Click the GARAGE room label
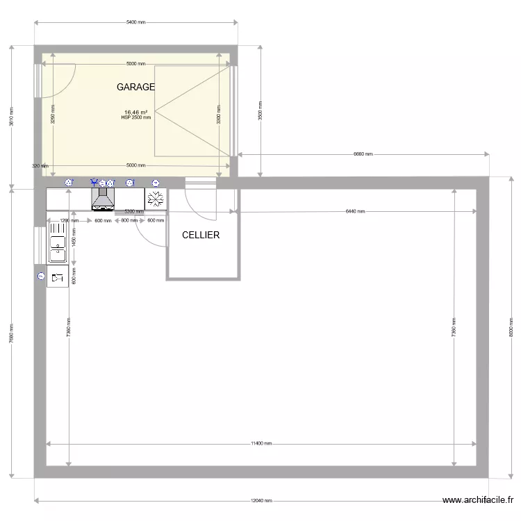click(135, 88)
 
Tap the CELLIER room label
click(201, 235)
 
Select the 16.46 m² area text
click(135, 112)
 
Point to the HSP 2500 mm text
click(135, 118)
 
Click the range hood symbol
click(103, 200)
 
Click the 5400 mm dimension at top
click(136, 22)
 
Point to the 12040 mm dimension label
click(263, 501)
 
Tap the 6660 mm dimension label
click(363, 154)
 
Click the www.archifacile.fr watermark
click(479, 500)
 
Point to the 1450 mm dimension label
click(74, 237)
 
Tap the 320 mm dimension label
click(40, 166)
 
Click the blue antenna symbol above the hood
click(94, 183)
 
